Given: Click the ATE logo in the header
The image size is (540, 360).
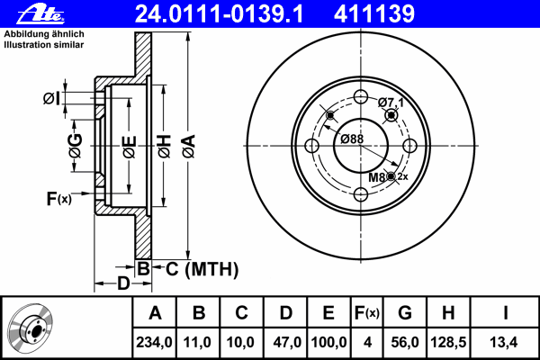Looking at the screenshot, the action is (x=40, y=14).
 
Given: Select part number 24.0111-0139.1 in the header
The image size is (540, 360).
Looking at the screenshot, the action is (x=220, y=13).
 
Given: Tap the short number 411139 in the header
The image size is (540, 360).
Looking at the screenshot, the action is (x=374, y=13).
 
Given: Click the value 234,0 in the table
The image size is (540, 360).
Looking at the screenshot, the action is (x=154, y=342).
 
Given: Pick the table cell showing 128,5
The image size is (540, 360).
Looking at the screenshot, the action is (x=448, y=342).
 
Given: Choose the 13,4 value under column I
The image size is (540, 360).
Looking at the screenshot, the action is (x=503, y=342).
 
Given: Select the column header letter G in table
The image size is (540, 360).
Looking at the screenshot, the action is (x=405, y=313).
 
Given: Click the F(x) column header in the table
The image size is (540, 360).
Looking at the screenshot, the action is (x=367, y=313).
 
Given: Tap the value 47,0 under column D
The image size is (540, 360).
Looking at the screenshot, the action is (x=287, y=342).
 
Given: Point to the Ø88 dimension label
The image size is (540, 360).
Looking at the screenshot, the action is (x=352, y=139).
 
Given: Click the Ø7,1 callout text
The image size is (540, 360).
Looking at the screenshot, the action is (x=391, y=103).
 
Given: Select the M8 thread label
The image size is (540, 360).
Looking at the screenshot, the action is (x=377, y=177).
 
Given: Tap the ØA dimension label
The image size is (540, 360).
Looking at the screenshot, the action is (x=189, y=147).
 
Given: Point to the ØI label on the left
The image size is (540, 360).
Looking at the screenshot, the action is (x=51, y=99).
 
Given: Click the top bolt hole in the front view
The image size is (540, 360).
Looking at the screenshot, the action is (x=361, y=96).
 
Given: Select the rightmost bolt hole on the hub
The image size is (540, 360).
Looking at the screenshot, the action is (x=409, y=146).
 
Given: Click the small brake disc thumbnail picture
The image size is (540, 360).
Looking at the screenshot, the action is (x=31, y=328).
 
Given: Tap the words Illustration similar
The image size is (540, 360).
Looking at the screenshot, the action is (x=44, y=45).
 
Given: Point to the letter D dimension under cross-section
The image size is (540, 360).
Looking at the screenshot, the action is (x=123, y=283).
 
